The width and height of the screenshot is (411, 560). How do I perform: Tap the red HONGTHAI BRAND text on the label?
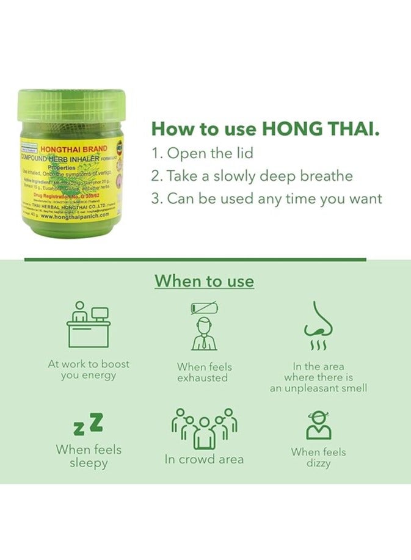[x=73, y=148]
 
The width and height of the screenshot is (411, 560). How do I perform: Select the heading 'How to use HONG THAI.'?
[x=266, y=129]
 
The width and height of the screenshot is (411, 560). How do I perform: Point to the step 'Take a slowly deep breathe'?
[x=252, y=176]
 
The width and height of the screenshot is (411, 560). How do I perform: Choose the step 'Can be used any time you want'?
[x=266, y=198]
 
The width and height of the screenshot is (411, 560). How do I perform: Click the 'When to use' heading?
[x=204, y=281]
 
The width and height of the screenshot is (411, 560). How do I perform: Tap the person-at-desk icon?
[x=89, y=324]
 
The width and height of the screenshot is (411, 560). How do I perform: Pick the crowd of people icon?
[x=204, y=427]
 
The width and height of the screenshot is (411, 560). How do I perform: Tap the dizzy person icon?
[x=318, y=425]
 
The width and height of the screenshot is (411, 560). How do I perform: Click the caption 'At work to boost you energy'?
[x=89, y=369]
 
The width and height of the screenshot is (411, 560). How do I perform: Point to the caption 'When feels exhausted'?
[x=204, y=373]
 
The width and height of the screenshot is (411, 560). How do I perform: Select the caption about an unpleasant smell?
[x=318, y=377]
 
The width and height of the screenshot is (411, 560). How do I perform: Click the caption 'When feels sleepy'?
[x=89, y=456]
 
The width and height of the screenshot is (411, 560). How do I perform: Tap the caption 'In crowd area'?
[x=204, y=459]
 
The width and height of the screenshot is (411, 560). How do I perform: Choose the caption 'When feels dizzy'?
[x=318, y=457]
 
